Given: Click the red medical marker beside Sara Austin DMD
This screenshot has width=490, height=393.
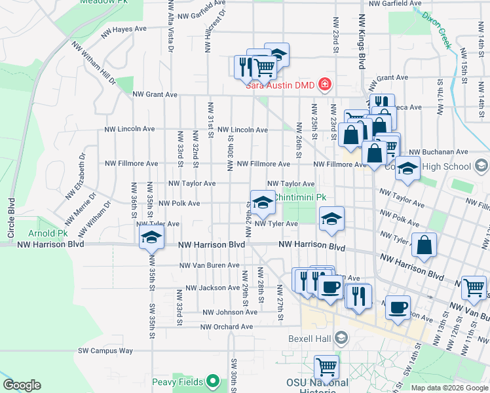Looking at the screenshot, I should point(324,84).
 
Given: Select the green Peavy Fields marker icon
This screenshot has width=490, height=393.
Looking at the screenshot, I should point(212,381).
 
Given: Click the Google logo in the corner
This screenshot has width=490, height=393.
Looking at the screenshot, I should point(22,385).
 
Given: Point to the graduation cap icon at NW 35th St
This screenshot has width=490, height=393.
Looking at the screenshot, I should point(151,238).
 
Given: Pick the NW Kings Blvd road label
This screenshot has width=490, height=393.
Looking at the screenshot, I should point(361,43).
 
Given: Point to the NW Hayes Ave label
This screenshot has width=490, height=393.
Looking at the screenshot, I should point(123,29).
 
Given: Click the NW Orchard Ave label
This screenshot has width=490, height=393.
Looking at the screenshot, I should point(227,327).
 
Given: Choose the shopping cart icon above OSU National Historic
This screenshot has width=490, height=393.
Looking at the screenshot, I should point(326,367).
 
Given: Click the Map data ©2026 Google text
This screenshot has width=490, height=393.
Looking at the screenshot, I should point(449,388).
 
